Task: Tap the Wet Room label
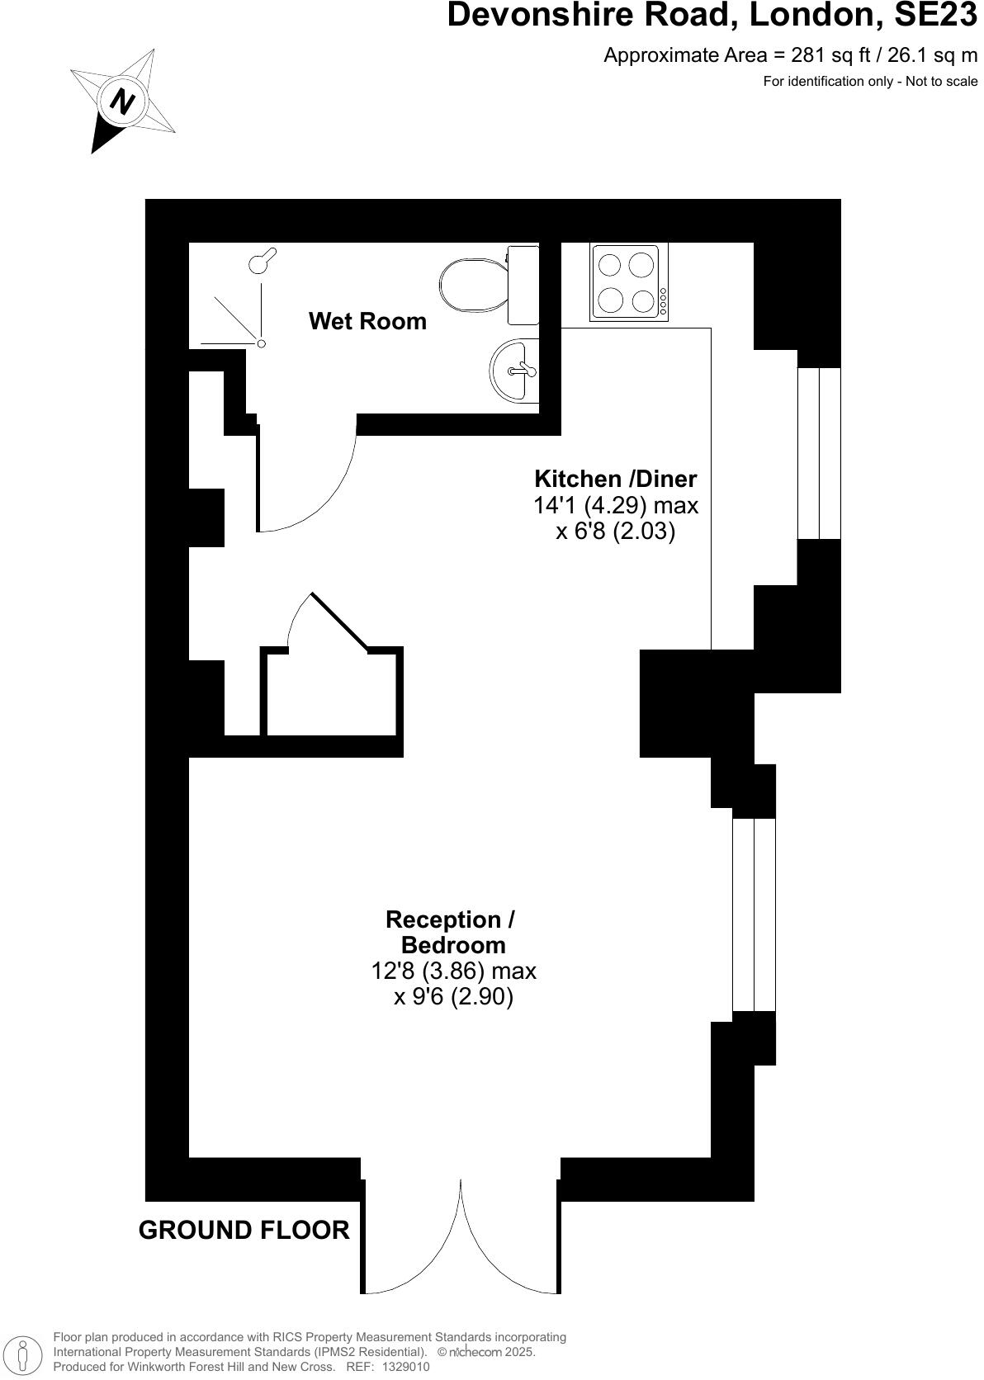[367, 321]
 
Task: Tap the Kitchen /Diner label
[615, 479]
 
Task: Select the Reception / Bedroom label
[452, 932]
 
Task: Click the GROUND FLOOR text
[244, 1230]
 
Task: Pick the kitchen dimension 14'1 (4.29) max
[616, 505]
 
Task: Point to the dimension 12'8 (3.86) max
[453, 971]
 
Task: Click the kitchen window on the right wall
[819, 453]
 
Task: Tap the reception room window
[755, 914]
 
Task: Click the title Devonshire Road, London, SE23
[712, 17]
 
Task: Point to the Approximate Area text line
[790, 55]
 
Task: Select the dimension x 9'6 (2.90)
[453, 997]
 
